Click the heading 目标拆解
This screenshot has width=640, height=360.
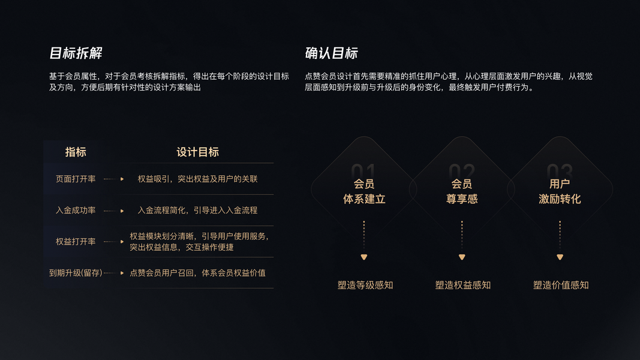point(76,53)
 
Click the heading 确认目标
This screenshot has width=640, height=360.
point(331,53)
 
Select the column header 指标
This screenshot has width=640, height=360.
point(76,152)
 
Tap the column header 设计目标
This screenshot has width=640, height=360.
point(197,152)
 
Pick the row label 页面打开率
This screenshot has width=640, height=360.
point(76,179)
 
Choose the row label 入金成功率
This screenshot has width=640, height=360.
point(76,211)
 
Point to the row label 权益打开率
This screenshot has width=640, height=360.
point(76,242)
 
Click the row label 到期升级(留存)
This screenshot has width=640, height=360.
point(76,273)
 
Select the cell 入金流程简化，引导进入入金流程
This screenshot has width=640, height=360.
point(197,211)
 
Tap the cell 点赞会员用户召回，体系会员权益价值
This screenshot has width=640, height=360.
point(197,273)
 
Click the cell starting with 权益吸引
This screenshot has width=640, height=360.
point(197,179)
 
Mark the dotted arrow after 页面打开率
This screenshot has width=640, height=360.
point(113,179)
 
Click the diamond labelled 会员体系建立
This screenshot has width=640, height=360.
point(364,190)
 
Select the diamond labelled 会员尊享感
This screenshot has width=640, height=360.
point(462,190)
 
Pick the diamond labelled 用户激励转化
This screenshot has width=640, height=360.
point(560,190)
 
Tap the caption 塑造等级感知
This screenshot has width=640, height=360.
point(365,286)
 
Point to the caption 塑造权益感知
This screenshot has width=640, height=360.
point(462,286)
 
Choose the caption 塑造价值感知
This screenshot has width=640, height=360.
point(561,286)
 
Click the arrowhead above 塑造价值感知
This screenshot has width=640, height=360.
point(560,257)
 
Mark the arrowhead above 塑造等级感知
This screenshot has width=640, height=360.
point(363,257)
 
